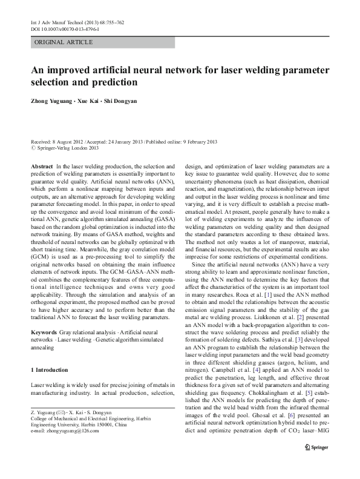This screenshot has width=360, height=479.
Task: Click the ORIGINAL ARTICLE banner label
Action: click(64, 42)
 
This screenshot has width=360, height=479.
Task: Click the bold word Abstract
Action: click(41, 165)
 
